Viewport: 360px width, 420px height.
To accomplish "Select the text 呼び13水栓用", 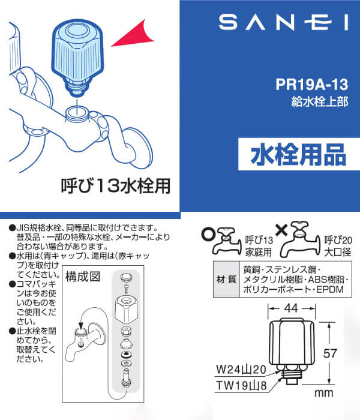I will (x=117, y=185).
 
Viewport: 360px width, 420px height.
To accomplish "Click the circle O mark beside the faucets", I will (x=208, y=230).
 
